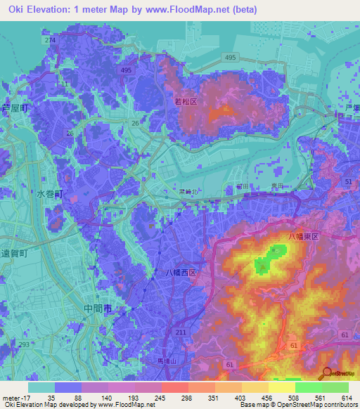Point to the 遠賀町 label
coord(13,254)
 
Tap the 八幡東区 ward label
coord(304,237)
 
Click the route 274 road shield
coord(49,41)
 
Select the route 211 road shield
coord(182,332)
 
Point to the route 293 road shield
coord(25,345)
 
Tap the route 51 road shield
coord(349,181)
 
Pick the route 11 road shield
coord(65,84)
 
